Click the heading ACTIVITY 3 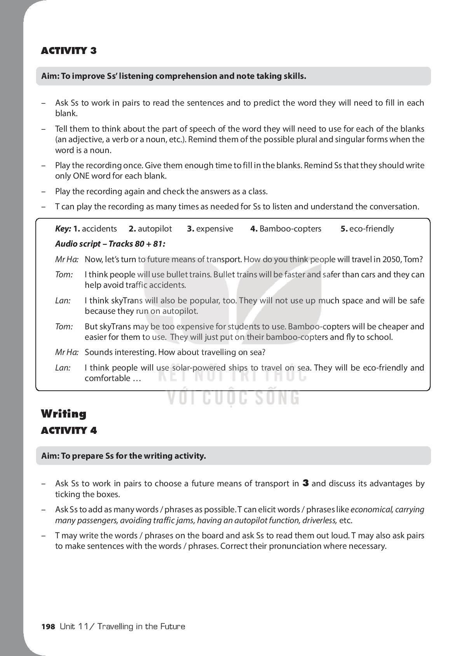click(69, 51)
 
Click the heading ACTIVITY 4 click(69, 430)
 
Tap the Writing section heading click(64, 414)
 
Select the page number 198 click(48, 626)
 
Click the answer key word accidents click(99, 229)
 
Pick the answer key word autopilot click(155, 229)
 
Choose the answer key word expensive click(215, 229)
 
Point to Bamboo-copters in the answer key click(290, 229)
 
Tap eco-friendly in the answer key click(372, 229)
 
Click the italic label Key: click(63, 229)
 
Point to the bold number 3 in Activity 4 click(305, 484)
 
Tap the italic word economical click(372, 510)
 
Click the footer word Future click(172, 626)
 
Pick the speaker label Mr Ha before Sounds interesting click(67, 352)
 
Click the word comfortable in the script click(108, 378)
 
